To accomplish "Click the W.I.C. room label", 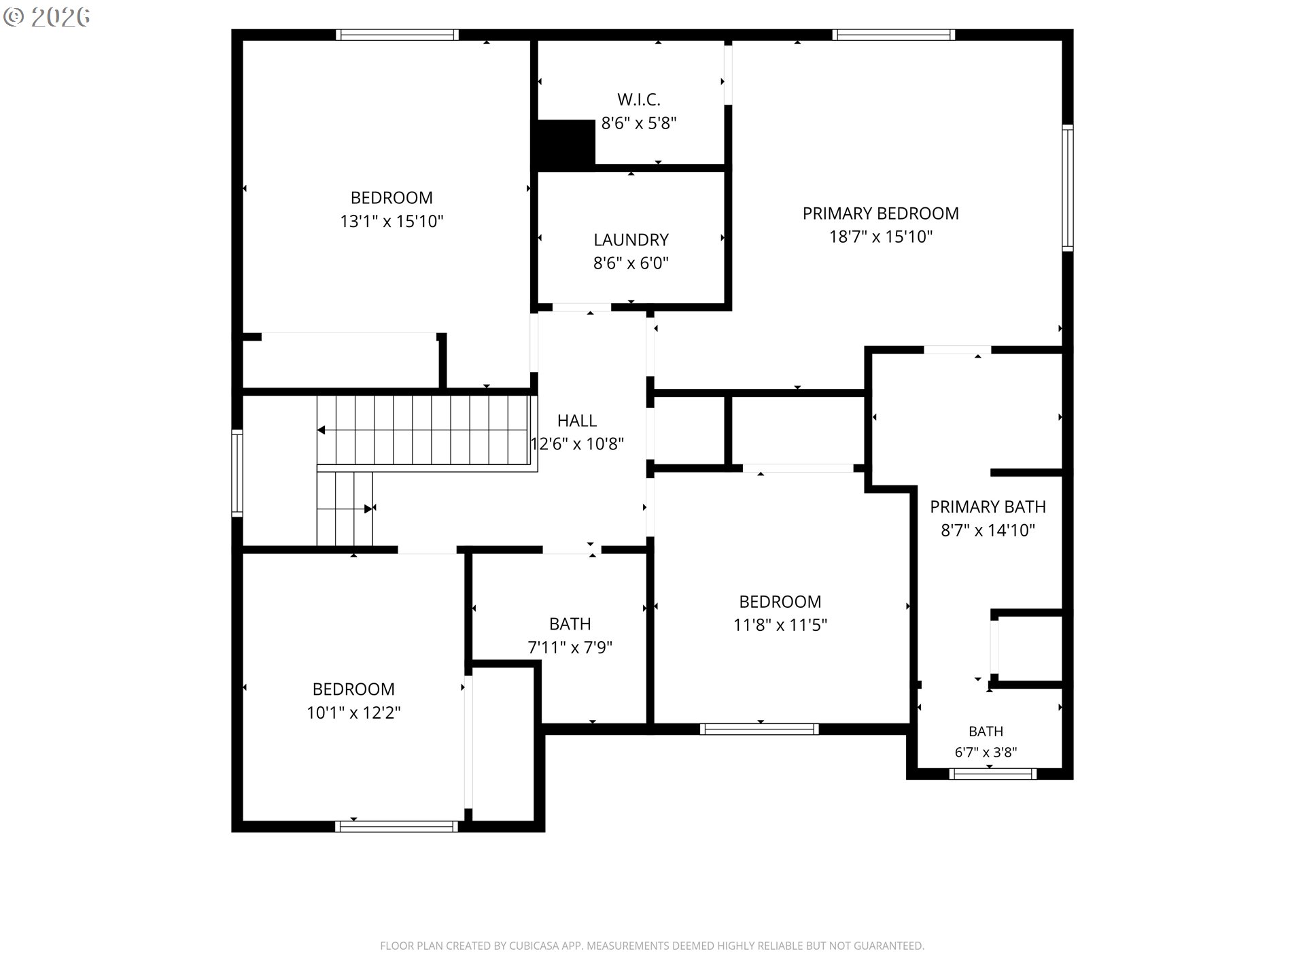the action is coord(639,100).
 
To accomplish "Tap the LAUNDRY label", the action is coord(631,240).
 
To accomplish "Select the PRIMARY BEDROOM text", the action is coord(880,213).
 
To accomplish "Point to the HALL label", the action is coord(577,421).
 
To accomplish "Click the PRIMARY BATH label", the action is coord(988,507).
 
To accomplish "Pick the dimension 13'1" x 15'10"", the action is coord(391,222).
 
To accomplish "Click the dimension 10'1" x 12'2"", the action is coord(353,712).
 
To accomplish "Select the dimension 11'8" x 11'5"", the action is coord(780,625).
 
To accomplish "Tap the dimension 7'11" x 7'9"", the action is coord(570,647).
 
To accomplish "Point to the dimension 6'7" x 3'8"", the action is coord(986,753).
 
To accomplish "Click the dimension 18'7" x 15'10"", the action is coord(880,237).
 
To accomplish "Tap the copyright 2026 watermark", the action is coord(46,17).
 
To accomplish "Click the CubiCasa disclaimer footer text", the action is coord(652,946).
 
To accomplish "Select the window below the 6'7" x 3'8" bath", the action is coord(992,774).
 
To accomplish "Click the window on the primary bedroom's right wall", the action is coord(1068,188).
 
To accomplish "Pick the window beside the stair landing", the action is coord(237,473).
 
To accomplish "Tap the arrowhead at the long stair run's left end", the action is coord(321,430).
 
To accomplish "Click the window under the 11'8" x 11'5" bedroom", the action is coord(759,729).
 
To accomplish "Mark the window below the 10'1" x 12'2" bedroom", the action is coord(397,827).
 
